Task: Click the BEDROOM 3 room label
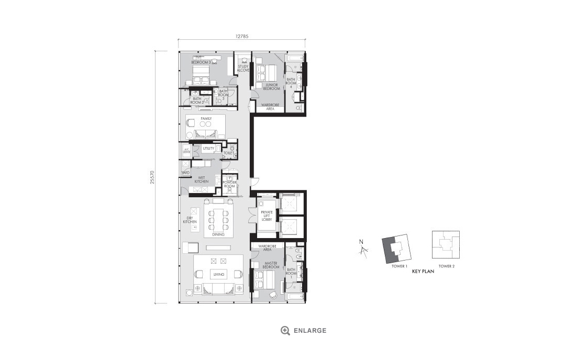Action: [x=201, y=62]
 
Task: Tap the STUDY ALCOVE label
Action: [x=243, y=68]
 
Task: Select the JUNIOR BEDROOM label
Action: [x=271, y=87]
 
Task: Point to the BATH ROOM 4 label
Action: [x=291, y=83]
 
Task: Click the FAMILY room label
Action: [x=205, y=119]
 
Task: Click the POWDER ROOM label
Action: [x=229, y=185]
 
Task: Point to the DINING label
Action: [x=218, y=234]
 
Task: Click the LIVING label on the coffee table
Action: [x=218, y=274]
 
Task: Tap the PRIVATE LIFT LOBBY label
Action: [x=267, y=216]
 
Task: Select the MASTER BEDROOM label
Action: [x=271, y=265]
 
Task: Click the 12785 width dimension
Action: [x=241, y=37]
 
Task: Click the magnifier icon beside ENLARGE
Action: [x=285, y=330]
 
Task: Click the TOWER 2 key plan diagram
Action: [x=446, y=244]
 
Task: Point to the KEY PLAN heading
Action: [x=423, y=272]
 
